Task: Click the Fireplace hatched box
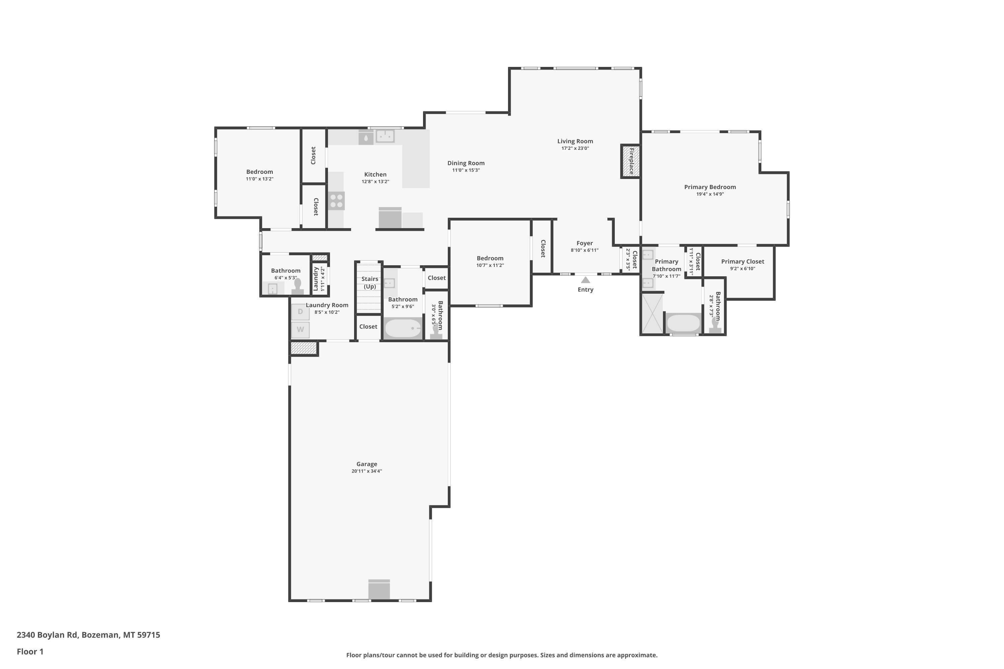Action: click(x=631, y=161)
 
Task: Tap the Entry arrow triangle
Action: click(x=586, y=280)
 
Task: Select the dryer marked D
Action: click(x=300, y=312)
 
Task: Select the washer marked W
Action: click(x=300, y=329)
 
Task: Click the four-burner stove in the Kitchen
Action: click(x=336, y=201)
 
